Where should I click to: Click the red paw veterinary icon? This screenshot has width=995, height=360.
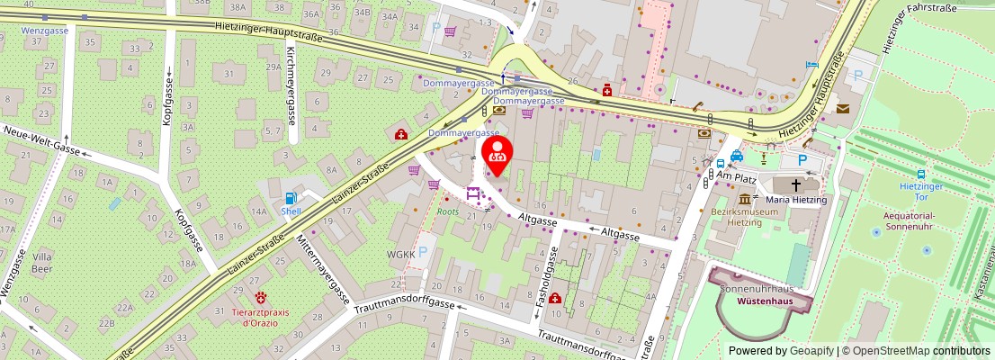coord(262,296)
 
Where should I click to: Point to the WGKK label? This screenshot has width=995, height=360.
coord(401,255)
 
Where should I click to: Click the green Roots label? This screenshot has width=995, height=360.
coord(448,211)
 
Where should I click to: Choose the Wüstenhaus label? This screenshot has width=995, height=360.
coord(765,301)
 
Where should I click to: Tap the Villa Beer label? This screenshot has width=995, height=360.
coord(42,262)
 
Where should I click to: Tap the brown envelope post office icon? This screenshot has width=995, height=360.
coord(842,109)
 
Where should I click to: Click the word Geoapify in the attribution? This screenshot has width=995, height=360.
coord(812,351)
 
